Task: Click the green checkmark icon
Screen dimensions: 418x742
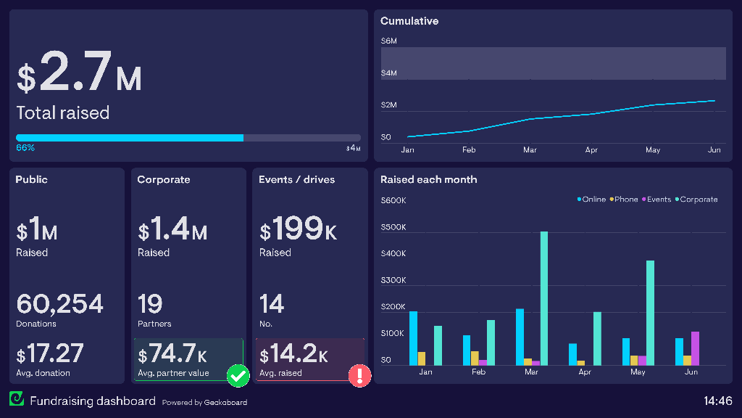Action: pyautogui.click(x=238, y=375)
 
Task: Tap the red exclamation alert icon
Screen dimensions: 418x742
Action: pyautogui.click(x=359, y=375)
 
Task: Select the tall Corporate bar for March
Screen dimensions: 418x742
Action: pyautogui.click(x=543, y=298)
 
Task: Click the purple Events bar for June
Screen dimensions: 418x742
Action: pyautogui.click(x=695, y=348)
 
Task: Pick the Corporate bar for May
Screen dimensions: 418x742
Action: pyautogui.click(x=650, y=313)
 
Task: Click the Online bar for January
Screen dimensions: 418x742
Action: pyautogui.click(x=413, y=338)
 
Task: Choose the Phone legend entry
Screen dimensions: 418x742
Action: pyautogui.click(x=624, y=200)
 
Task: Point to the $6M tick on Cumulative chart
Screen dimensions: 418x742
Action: pyautogui.click(x=388, y=41)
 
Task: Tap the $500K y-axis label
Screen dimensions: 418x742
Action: pyautogui.click(x=393, y=227)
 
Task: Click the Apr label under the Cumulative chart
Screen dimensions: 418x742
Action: pyautogui.click(x=591, y=150)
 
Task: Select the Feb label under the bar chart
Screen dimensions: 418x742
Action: pyautogui.click(x=478, y=372)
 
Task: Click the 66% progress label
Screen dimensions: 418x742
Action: pyautogui.click(x=25, y=148)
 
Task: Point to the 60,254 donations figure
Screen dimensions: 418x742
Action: pyautogui.click(x=59, y=303)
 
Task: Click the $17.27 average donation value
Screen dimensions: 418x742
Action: pyautogui.click(x=50, y=354)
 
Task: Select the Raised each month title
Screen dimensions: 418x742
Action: pyautogui.click(x=428, y=180)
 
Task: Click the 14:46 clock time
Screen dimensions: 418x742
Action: pyautogui.click(x=717, y=401)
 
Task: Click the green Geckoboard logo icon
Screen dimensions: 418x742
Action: pyautogui.click(x=16, y=398)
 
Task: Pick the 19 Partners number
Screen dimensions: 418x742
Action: pyautogui.click(x=150, y=303)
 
